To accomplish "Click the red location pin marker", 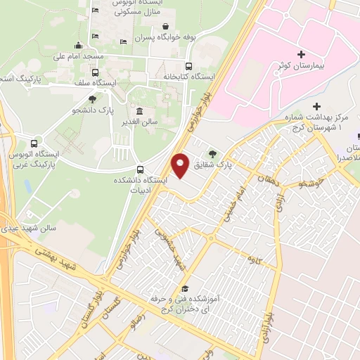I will [181, 165].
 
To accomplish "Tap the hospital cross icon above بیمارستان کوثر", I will [301, 54].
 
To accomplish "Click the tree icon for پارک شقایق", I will [210, 153].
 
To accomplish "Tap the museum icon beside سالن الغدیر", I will [140, 112].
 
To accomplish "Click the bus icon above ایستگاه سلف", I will [96, 72].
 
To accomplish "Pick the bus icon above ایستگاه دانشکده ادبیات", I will [141, 169].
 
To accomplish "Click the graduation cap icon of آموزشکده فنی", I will [184, 288].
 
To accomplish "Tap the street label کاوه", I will [247, 262].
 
